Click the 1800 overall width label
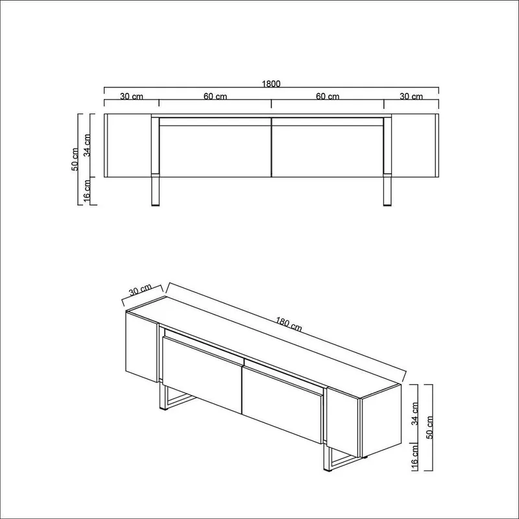271,84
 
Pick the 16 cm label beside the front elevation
89,191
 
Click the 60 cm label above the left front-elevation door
215,97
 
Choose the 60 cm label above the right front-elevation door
328,97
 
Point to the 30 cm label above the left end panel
132,97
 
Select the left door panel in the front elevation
214,150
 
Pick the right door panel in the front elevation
328,150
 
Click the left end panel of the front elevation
128,145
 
